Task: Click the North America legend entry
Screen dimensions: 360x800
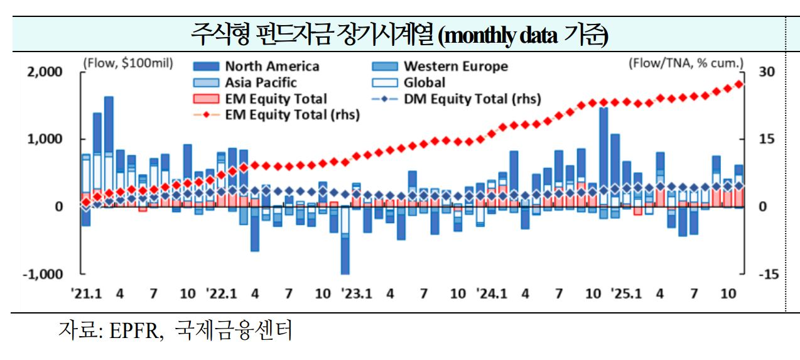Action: tap(271, 67)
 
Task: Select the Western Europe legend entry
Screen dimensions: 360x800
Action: tap(455, 67)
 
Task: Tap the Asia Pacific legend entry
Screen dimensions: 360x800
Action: tap(261, 82)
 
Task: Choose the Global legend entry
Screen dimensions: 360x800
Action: tap(424, 82)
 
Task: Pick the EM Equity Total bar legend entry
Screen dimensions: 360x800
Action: tap(276, 99)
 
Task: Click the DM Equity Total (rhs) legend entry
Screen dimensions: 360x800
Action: tap(472, 99)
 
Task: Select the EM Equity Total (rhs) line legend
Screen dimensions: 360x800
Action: tap(292, 114)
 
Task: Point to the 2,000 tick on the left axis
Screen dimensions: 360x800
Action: tap(46, 72)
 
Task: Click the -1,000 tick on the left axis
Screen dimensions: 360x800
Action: tap(44, 275)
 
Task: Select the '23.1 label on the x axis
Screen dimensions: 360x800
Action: tap(356, 293)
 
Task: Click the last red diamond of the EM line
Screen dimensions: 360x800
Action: tap(739, 84)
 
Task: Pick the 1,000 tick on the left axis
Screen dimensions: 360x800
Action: tap(46, 139)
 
